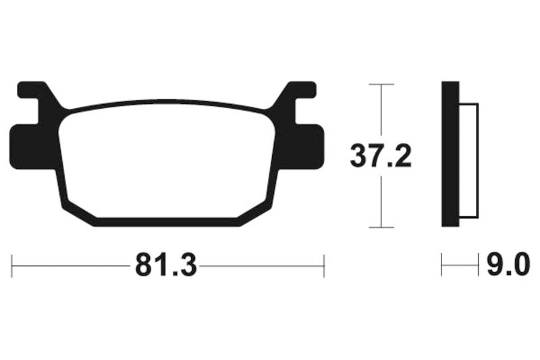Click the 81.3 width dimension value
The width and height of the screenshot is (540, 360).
(x=166, y=265)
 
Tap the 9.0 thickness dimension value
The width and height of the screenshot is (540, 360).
(x=508, y=265)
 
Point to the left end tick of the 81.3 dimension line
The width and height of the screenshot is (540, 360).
(x=12, y=265)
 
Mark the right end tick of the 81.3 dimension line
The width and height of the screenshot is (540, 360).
(x=325, y=265)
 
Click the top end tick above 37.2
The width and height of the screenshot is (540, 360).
(x=381, y=84)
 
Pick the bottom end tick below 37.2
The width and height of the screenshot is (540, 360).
(x=381, y=228)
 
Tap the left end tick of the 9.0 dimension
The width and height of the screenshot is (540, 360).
(x=442, y=265)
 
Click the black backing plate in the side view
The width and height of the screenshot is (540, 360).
(x=450, y=154)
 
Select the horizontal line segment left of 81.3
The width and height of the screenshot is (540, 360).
(x=71, y=265)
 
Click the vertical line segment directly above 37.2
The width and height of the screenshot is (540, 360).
(x=381, y=111)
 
